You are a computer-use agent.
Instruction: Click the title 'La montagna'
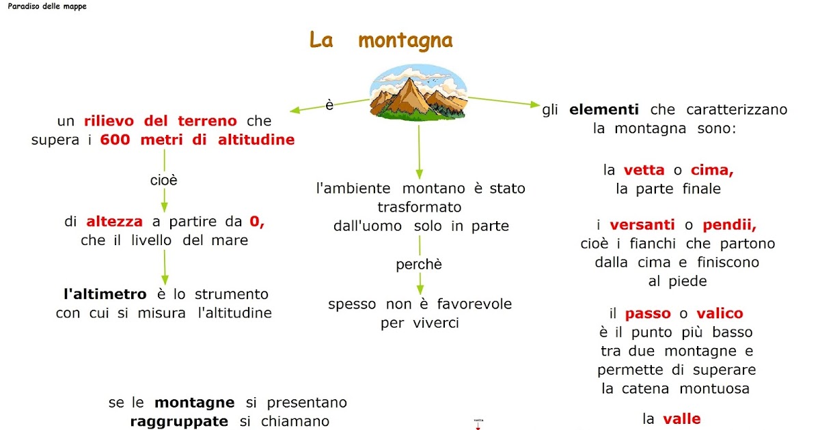click(381, 40)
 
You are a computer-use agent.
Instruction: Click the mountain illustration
click(419, 94)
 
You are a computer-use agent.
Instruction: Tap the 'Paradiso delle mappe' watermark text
click(47, 6)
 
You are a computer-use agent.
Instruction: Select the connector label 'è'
click(329, 106)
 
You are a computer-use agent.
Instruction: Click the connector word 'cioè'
click(164, 180)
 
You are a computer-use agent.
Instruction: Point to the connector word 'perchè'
click(419, 265)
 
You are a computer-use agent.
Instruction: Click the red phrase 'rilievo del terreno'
click(161, 121)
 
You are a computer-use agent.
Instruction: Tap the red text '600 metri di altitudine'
click(197, 140)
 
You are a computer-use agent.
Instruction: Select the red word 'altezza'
click(114, 221)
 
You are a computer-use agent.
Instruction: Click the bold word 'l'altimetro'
click(105, 295)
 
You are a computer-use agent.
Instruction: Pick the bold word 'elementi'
click(604, 109)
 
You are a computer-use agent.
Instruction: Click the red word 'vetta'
click(644, 170)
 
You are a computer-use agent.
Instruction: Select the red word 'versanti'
click(642, 225)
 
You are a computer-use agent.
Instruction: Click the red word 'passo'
click(648, 314)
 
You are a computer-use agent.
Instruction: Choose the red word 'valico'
click(720, 314)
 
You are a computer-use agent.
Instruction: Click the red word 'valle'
click(681, 419)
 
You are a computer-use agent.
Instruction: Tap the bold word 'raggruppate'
click(179, 421)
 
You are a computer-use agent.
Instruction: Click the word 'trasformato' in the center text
click(420, 207)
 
